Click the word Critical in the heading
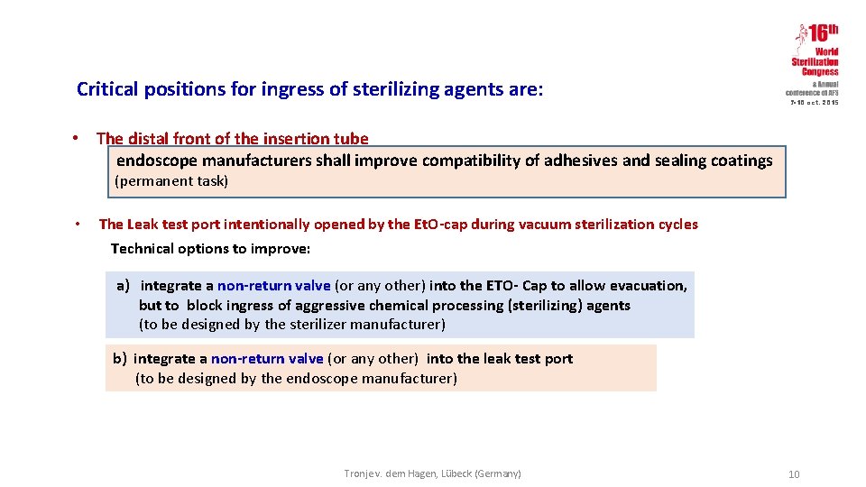point(107,89)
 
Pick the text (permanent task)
point(171,181)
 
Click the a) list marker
point(123,286)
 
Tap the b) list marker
point(119,359)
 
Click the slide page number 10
point(794,475)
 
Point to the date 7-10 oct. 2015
point(815,103)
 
